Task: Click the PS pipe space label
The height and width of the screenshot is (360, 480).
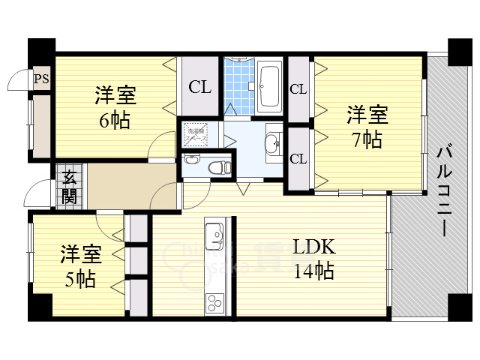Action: coord(40,77)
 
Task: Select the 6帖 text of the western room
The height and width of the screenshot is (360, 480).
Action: coord(115,120)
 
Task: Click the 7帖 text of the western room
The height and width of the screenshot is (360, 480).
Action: coord(367,139)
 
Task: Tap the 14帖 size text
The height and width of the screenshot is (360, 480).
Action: coord(313,271)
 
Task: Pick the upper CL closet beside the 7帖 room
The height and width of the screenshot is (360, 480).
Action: coord(298,89)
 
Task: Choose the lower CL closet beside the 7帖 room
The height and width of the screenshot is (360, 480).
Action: coord(298,158)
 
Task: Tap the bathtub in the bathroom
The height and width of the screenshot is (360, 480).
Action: coord(268,88)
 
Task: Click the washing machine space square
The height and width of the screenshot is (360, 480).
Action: coord(198,135)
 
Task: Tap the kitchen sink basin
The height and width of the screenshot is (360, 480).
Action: coord(214,238)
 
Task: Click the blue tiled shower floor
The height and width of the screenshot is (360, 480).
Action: coord(239,88)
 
